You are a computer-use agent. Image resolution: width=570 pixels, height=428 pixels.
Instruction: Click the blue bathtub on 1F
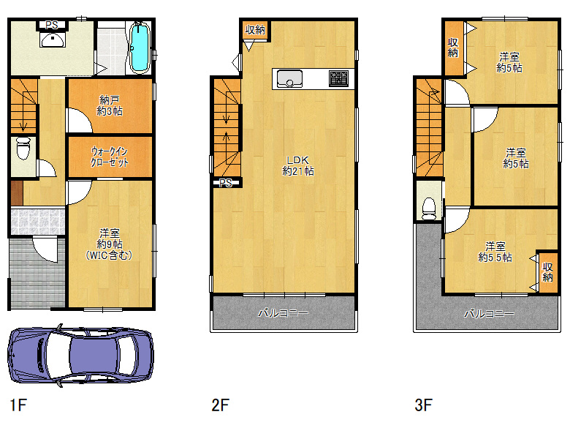[140, 47]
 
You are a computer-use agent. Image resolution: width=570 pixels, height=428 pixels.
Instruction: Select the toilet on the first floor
[23, 148]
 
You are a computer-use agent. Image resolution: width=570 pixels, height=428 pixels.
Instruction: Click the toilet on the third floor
[429, 209]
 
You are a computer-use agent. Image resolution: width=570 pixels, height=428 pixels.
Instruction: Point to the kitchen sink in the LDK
[289, 78]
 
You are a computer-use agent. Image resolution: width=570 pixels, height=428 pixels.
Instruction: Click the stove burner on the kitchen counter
[338, 78]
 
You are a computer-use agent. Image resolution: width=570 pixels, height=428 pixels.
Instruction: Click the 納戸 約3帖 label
[110, 105]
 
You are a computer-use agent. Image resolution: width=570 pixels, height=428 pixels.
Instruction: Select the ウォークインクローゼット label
[110, 157]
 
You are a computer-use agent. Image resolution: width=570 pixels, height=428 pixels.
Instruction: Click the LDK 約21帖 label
[298, 165]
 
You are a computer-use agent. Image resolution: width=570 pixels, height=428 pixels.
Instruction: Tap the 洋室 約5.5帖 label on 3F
[495, 252]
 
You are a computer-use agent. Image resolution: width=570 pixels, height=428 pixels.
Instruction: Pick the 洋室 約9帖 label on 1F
[109, 244]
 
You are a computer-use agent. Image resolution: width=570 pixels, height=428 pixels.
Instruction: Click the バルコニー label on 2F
[284, 313]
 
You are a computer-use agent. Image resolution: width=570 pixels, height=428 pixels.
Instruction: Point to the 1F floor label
[18, 405]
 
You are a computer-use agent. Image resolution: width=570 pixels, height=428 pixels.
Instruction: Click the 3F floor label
[424, 405]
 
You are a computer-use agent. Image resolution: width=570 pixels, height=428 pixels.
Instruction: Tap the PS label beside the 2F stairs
[226, 183]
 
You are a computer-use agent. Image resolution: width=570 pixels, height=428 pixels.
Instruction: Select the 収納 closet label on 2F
[255, 29]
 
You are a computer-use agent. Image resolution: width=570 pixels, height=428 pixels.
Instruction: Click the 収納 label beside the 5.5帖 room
[547, 272]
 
